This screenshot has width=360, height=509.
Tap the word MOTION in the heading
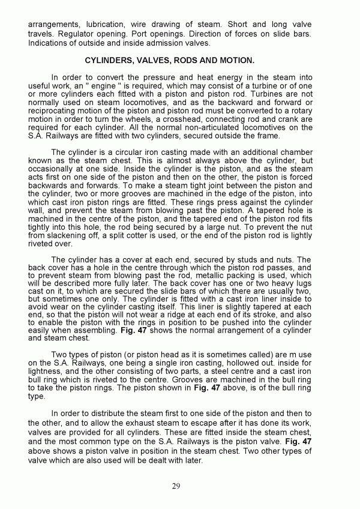236,61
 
